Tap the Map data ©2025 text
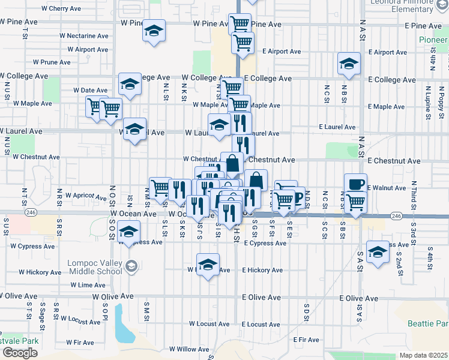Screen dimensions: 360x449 [424, 355]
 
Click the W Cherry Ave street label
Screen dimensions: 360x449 [61, 9]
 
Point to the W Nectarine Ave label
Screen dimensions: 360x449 [83, 36]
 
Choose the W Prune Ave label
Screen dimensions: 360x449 [52, 62]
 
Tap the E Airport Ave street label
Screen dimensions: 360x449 [281, 52]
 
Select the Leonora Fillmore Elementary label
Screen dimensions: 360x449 [403, 5]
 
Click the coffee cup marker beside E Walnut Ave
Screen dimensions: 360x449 [355, 184]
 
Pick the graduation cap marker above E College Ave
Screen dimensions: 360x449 [349, 64]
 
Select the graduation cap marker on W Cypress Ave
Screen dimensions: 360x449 [128, 231]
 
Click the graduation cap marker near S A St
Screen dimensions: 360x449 [378, 252]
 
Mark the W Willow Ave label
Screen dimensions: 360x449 [188, 349]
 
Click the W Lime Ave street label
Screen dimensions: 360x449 [88, 285]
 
